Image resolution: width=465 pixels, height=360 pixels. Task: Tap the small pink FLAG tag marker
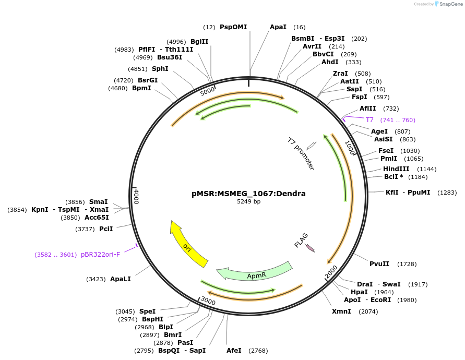pos(310,247)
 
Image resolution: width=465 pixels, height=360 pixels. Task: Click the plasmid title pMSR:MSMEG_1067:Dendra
pos(248,194)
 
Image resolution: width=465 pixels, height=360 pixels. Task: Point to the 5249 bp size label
pos(248,201)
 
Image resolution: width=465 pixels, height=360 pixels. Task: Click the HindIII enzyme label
pos(396,169)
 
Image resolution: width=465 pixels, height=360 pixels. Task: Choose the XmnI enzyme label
pos(341,311)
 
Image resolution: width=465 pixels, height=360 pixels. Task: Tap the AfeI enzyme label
pos(234,351)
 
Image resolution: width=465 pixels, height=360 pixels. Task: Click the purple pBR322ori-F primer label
pos(100,255)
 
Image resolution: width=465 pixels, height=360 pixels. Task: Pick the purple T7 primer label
pos(369,120)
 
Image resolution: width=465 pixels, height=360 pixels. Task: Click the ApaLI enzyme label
pos(120,279)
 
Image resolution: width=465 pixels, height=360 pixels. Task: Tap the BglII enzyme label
pos(199,42)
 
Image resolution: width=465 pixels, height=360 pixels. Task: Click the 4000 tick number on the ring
pos(136,197)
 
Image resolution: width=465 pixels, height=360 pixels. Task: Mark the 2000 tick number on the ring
pos(331,271)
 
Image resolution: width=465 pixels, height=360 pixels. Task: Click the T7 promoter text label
pos(301,153)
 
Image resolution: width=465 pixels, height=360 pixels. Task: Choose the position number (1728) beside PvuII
pos(407,264)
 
